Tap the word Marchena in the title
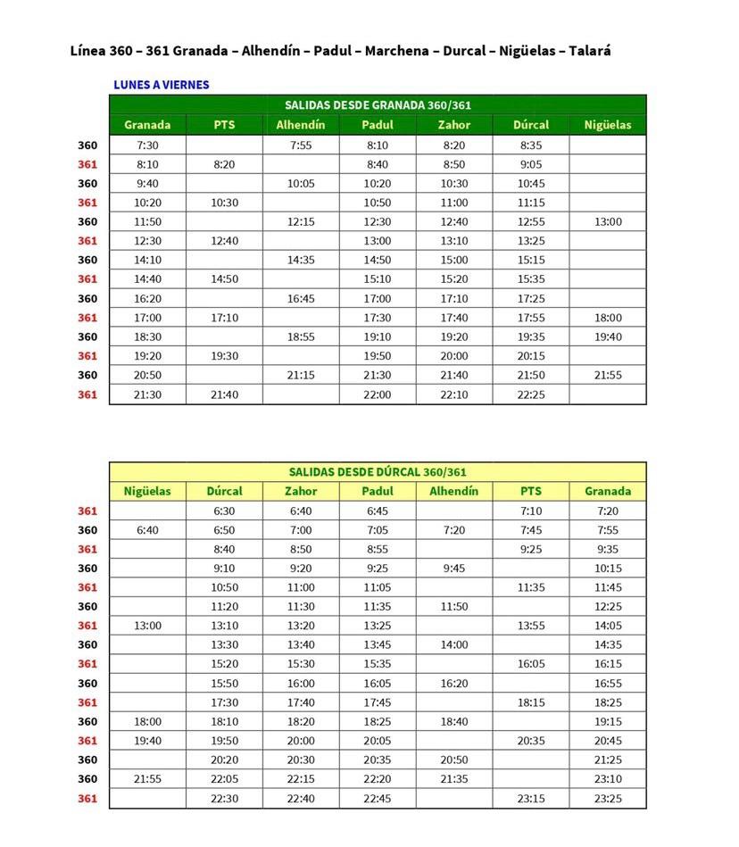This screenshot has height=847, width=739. coord(393,51)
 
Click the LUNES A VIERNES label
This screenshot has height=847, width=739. coord(162,85)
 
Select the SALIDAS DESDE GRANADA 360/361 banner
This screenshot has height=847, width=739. coord(378,105)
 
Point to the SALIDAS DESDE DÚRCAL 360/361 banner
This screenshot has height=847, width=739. coord(378,472)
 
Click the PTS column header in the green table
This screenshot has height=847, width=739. coord(224,125)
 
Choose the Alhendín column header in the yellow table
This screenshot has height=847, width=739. coord(453,491)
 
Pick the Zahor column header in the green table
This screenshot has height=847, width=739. coord(453,125)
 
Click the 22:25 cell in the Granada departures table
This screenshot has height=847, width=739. coord(531,394)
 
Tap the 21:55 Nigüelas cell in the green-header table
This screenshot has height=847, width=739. coord(607,375)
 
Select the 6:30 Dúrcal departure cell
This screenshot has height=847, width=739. coord(224,511)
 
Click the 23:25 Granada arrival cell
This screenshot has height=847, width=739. coord(607,798)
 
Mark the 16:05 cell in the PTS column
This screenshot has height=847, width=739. coord(531,664)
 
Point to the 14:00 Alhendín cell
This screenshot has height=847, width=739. coord(453,644)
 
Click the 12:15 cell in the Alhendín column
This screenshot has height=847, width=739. coord(301,221)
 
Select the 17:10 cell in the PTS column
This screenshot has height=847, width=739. coord(224,318)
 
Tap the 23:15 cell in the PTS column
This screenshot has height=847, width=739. coord(531,798)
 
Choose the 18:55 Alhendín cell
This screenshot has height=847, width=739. coord(301,336)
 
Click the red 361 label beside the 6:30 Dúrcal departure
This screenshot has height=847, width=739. coord(87,511)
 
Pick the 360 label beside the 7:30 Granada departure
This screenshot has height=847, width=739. coord(87,145)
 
